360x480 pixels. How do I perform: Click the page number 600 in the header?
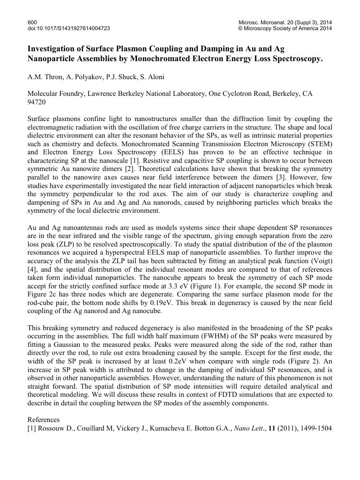(32, 22)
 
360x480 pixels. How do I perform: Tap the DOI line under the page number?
(68, 28)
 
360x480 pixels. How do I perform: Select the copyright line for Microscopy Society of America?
(285, 28)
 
